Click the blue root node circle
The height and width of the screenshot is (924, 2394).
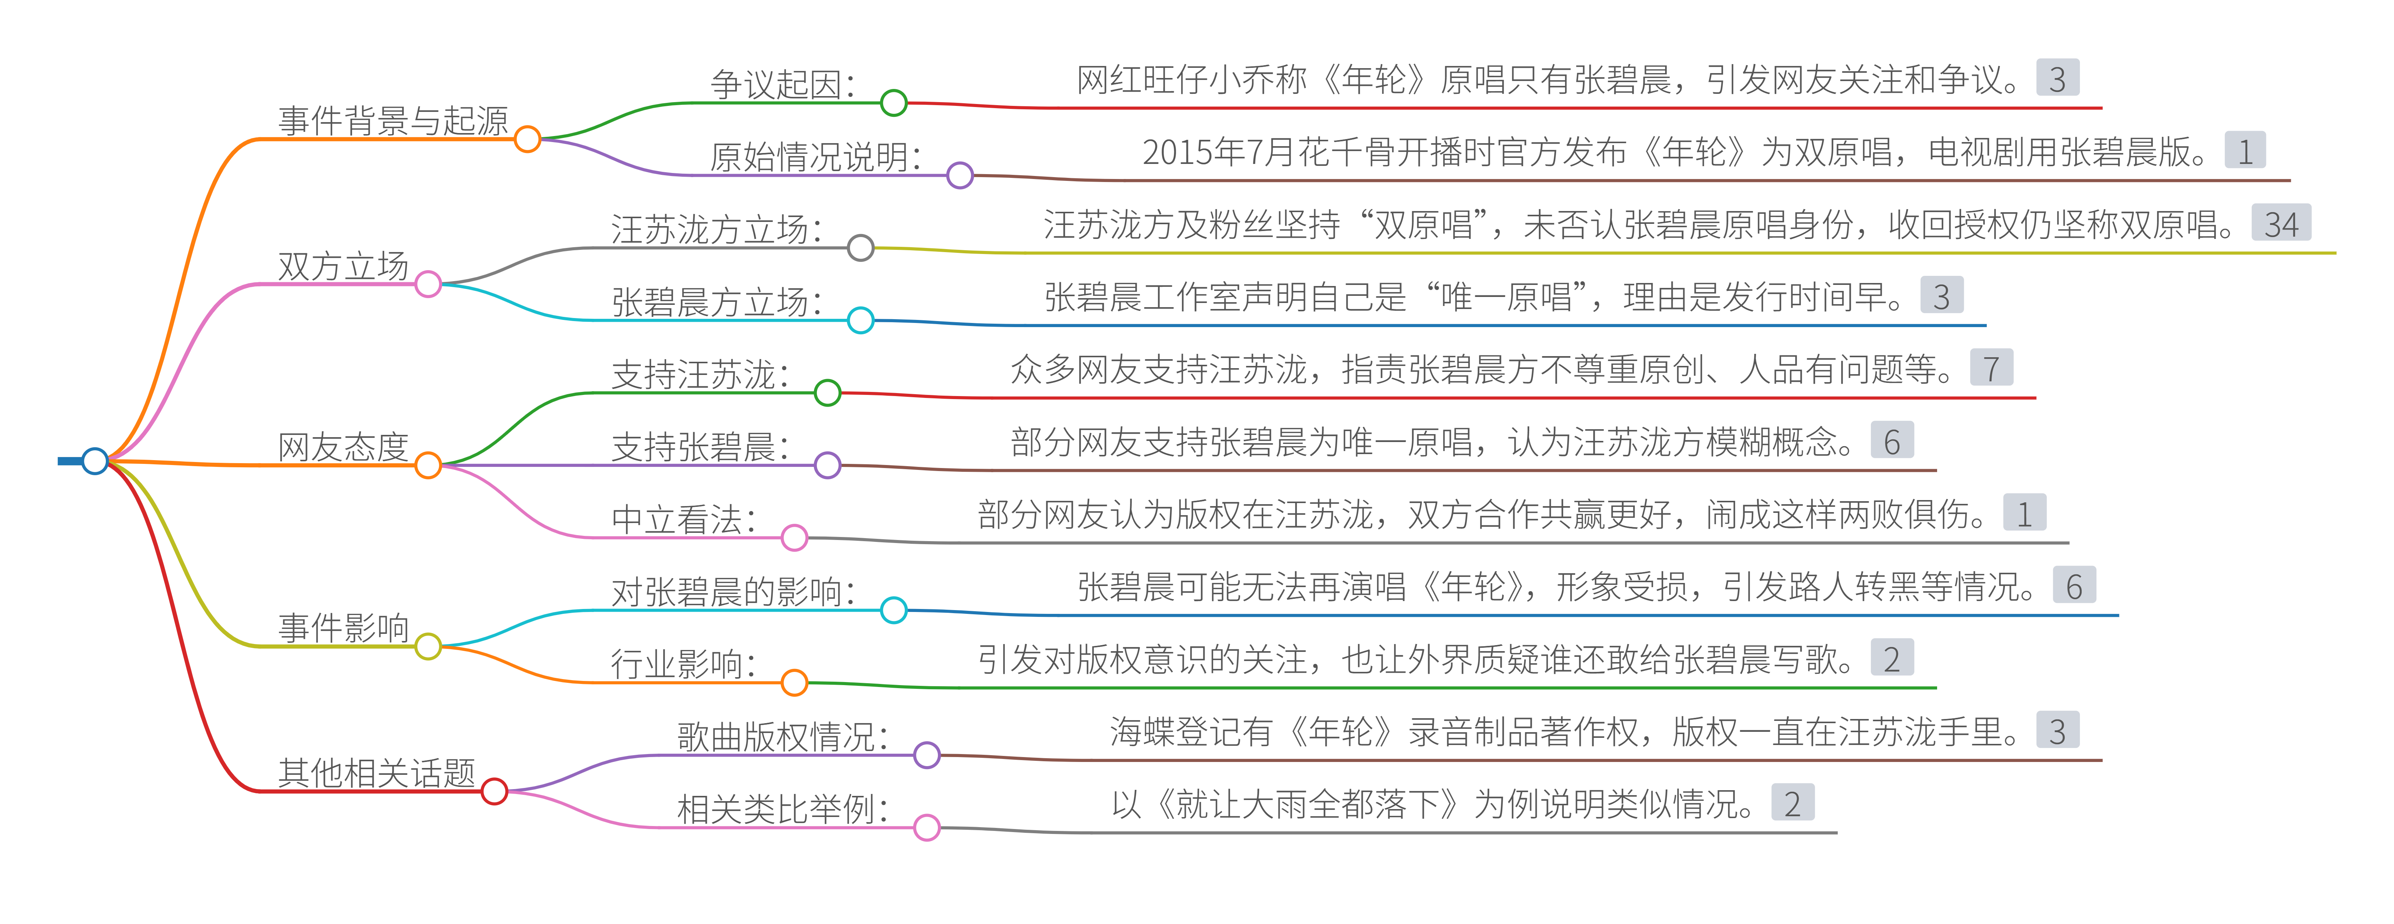tap(95, 460)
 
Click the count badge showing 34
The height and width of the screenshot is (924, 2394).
tap(2281, 224)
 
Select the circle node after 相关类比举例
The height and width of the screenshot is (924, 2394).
tap(927, 827)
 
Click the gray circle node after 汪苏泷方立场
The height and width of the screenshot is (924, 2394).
tap(861, 247)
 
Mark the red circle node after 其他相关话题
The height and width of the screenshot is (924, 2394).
tap(495, 791)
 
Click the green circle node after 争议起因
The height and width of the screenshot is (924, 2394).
tap(894, 102)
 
